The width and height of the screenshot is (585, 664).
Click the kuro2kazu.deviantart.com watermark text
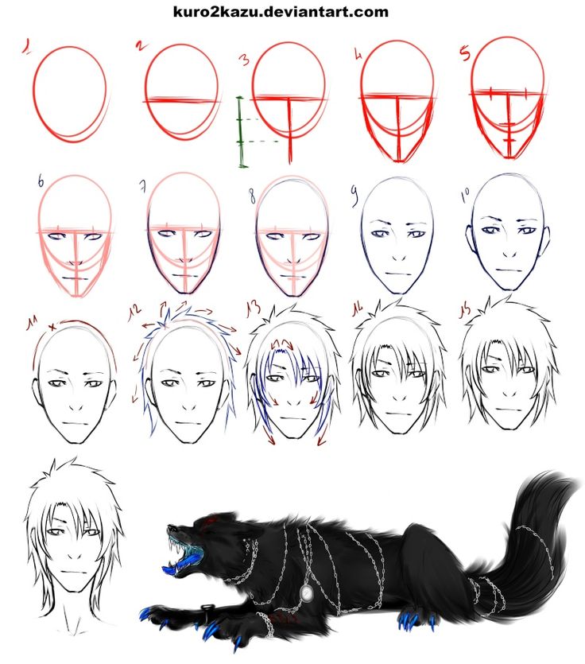(281, 11)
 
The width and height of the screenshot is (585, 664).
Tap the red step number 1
(27, 47)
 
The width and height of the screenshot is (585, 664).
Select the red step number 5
(465, 54)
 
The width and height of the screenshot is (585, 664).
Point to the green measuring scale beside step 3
(241, 132)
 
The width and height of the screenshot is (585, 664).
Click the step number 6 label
(41, 181)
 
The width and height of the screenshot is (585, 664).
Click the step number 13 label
(254, 309)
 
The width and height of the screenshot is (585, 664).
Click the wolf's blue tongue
(172, 569)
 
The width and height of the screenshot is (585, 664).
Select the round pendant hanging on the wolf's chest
(307, 593)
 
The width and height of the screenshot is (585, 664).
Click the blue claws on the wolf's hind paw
(413, 620)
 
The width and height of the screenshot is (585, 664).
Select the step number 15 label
(466, 311)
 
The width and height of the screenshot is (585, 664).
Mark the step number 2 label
(141, 45)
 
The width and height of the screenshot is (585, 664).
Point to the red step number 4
(359, 54)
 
